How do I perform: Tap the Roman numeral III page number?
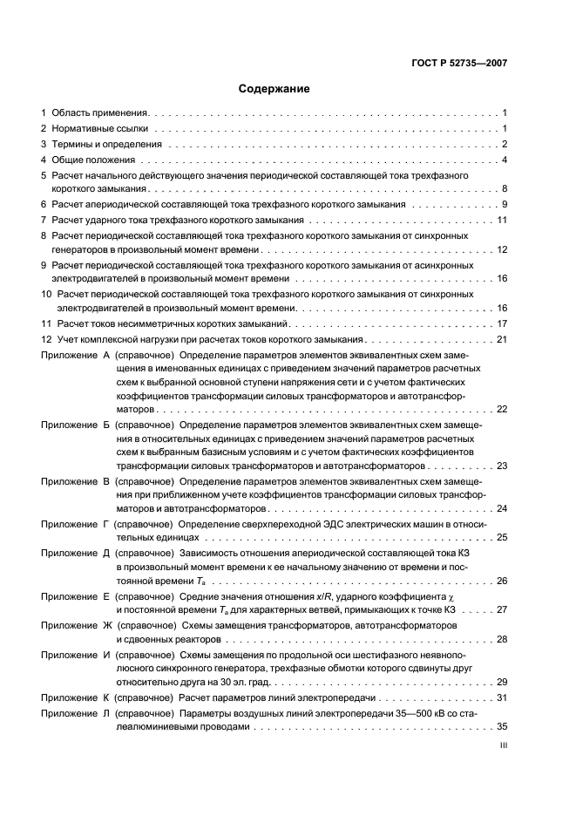(503, 745)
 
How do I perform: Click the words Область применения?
(99, 113)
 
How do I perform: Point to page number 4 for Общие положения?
(505, 160)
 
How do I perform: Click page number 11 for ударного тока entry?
(502, 220)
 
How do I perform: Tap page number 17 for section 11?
(502, 323)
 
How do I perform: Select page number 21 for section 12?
(502, 339)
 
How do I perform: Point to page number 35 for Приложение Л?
(502, 725)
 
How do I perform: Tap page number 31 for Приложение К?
(502, 698)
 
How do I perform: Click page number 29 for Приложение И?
(502, 682)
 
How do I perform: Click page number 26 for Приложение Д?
(502, 581)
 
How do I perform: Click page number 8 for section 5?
(505, 188)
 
